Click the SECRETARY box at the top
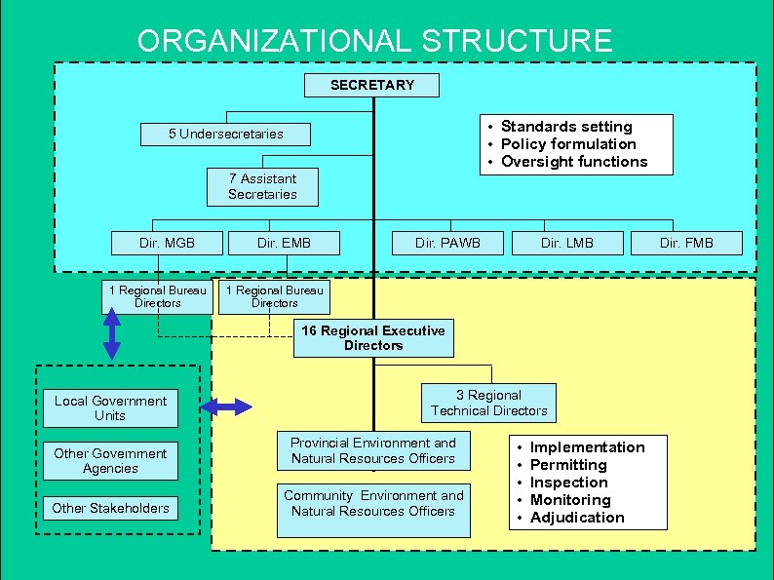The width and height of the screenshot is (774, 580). coord(371,85)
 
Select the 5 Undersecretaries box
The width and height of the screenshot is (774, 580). coord(225,134)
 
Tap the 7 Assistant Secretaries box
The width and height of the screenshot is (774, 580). coord(262,186)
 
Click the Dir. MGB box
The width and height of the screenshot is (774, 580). coord(167,243)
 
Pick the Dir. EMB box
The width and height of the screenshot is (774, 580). coord(284,243)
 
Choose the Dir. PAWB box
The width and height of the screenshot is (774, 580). coord(447,243)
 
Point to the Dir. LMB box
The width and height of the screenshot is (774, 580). coord(566,243)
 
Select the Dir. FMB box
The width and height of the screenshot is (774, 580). coord(686,243)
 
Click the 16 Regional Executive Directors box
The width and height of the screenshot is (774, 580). coord(372,338)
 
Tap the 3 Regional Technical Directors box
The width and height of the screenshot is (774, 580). coord(488,403)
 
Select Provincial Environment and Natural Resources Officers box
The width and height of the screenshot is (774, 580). coord(372,451)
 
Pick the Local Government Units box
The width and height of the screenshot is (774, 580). coord(110,408)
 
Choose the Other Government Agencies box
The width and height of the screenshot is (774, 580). coord(110,461)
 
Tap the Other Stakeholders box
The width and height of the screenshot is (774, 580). coord(110,508)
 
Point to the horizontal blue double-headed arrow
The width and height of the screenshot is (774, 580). coord(225,407)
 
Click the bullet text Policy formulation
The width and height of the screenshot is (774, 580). coord(567,144)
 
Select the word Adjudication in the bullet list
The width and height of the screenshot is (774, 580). coord(577,518)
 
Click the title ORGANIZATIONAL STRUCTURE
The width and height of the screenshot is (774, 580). coord(375,41)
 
